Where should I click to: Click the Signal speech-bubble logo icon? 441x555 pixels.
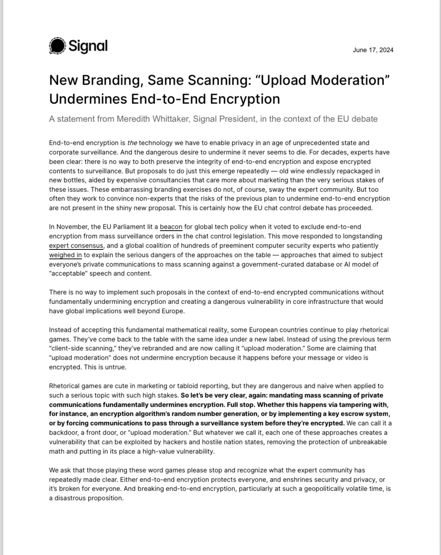pos(57,46)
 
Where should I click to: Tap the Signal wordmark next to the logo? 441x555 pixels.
pos(88,46)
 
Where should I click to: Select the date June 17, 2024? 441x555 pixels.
pos(373,50)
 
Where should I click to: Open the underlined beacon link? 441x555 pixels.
pos(171,227)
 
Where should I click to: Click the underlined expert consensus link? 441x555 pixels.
pos(76,246)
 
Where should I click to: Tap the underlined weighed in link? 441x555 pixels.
pos(65,255)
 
